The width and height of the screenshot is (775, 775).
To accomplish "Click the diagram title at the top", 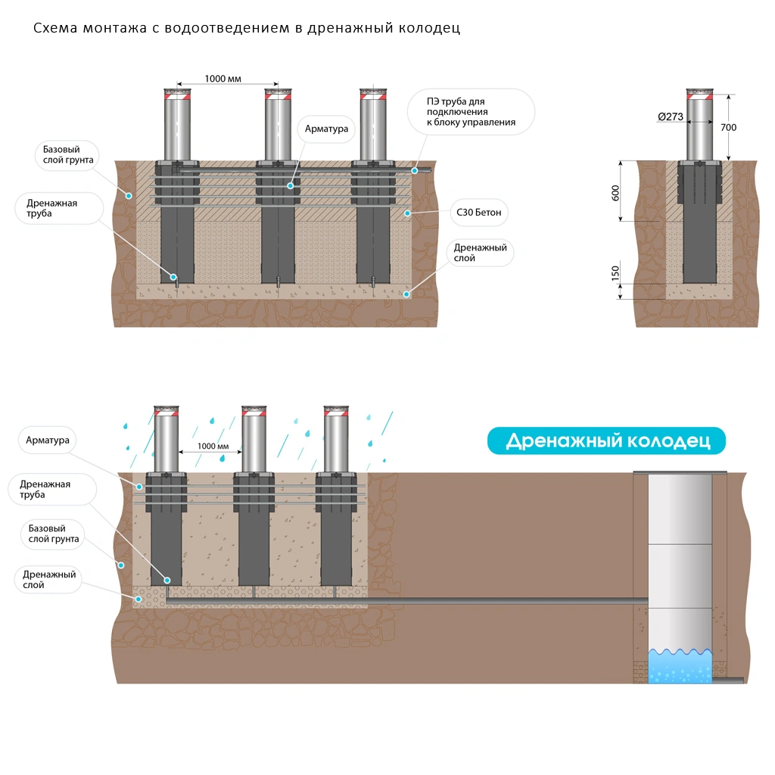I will click(x=247, y=29).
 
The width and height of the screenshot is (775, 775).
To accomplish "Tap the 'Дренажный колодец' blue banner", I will click(x=606, y=441).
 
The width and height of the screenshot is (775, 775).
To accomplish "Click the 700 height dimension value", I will click(x=727, y=127).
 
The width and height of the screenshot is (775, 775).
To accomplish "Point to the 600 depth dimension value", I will click(x=615, y=192).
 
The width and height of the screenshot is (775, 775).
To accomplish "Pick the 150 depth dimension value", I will click(x=615, y=272).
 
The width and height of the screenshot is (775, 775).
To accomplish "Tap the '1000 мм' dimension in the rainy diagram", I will click(x=213, y=447).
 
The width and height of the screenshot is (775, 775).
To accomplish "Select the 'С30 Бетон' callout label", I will click(x=478, y=213).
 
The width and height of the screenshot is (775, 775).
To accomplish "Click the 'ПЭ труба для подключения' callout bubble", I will click(x=471, y=112).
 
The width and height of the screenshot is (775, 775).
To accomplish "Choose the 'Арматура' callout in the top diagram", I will click(x=326, y=129).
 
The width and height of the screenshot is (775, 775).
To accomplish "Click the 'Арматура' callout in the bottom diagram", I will click(x=48, y=440).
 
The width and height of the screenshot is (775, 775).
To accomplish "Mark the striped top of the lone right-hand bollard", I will click(x=699, y=95).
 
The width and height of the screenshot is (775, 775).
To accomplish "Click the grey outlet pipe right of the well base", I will click(x=730, y=680).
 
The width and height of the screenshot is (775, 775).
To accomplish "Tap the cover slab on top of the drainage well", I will click(x=679, y=472).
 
